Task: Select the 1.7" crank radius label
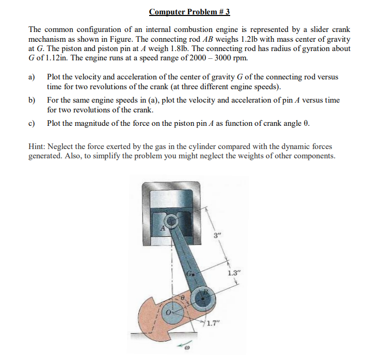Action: coord(212,324)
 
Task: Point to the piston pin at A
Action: coord(171,222)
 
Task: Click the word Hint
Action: coord(38,147)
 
